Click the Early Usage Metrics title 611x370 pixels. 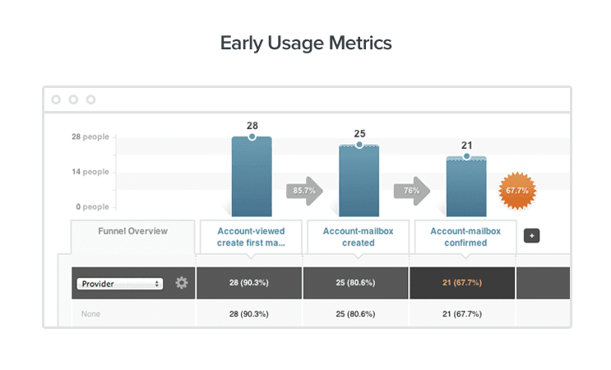click(305, 43)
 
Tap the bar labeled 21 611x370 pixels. click(466, 186)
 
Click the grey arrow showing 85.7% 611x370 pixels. click(302, 191)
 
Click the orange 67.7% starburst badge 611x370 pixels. click(516, 191)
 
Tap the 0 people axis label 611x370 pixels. click(91, 206)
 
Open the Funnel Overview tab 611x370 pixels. click(133, 231)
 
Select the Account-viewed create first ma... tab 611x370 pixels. click(252, 237)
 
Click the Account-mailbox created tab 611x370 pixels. click(359, 237)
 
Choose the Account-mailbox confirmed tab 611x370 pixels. click(465, 237)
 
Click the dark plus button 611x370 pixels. click(532, 236)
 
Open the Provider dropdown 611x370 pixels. click(120, 283)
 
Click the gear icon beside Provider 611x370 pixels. click(181, 283)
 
